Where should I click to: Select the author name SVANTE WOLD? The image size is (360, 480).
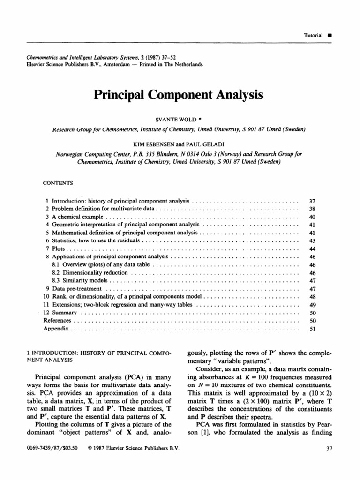[176, 120]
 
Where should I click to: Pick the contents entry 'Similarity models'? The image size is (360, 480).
[79, 280]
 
